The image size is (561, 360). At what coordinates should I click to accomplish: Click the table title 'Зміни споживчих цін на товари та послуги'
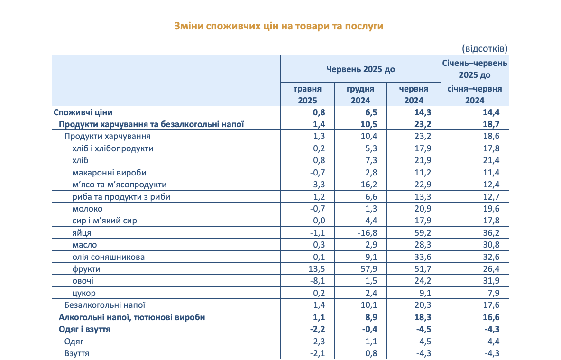point(279,26)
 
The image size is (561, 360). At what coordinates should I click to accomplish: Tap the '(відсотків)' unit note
point(484,48)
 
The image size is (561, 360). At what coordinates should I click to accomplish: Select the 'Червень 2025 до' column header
point(360,69)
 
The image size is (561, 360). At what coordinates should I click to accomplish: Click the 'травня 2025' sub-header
point(307,94)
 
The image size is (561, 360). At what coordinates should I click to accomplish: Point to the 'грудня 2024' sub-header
point(360,94)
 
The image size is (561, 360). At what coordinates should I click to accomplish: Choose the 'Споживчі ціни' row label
point(83,112)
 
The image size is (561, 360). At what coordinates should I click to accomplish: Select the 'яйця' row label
point(82,233)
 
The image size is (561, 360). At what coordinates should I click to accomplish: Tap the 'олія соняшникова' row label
point(109,257)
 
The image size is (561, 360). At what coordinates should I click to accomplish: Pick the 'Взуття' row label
point(77,353)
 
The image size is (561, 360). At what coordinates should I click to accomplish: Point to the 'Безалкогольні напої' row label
point(105,305)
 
